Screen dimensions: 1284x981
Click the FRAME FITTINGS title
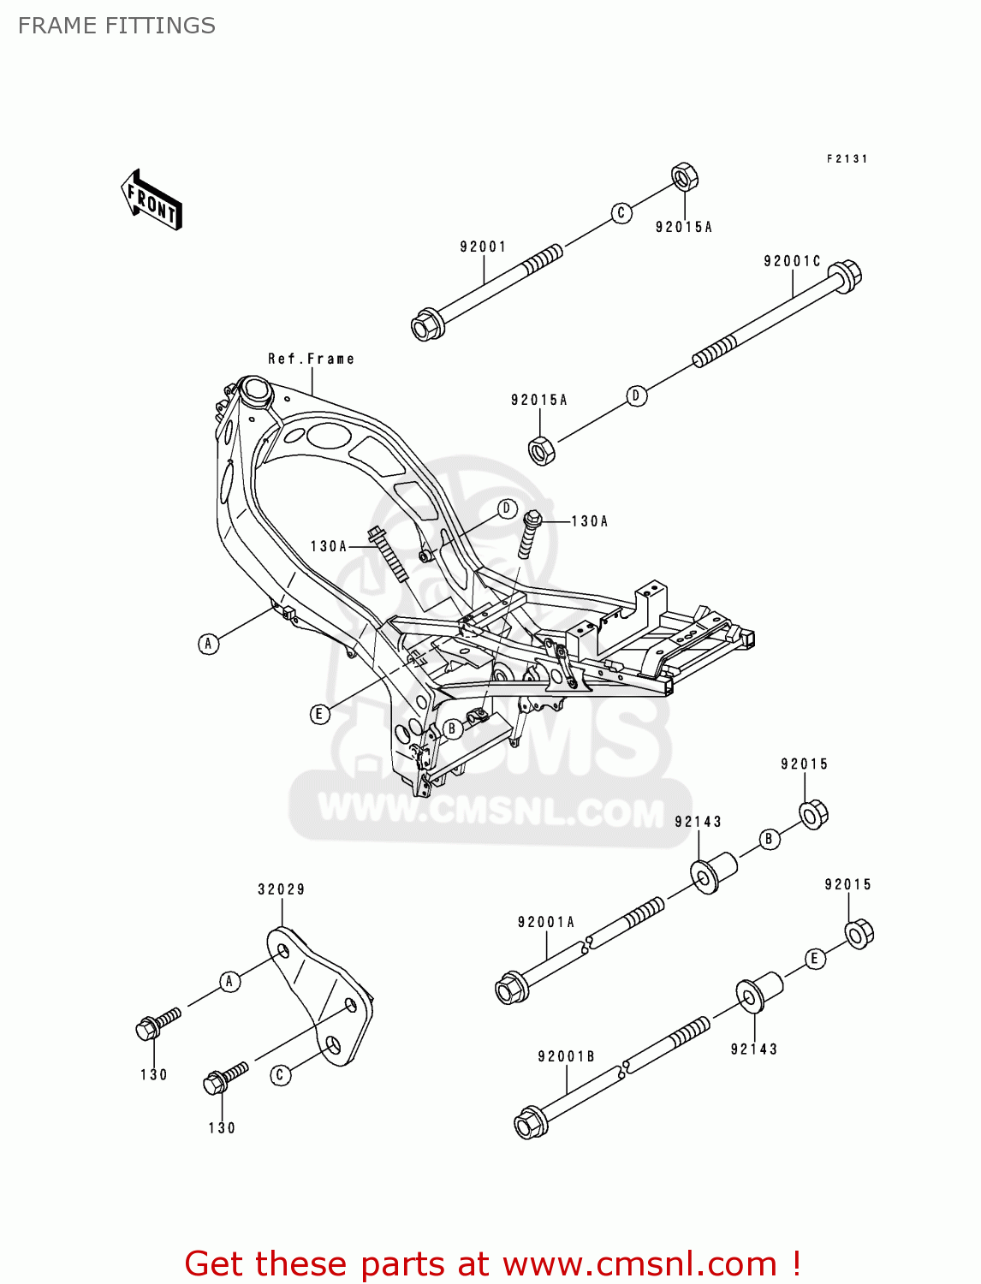click(x=116, y=26)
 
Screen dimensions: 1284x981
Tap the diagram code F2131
click(x=847, y=158)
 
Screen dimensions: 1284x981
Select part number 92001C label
click(x=792, y=261)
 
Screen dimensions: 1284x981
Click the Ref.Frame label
click(x=311, y=359)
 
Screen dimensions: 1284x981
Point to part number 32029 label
click(x=281, y=889)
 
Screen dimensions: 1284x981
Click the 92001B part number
click(x=566, y=1057)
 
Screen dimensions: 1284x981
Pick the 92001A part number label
click(x=546, y=922)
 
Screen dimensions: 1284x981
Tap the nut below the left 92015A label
click(x=542, y=449)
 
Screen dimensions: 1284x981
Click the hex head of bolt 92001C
click(x=846, y=276)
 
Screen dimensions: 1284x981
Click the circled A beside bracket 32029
click(x=229, y=982)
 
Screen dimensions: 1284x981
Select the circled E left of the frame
click(x=319, y=714)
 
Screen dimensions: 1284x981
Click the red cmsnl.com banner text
click(x=492, y=1263)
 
